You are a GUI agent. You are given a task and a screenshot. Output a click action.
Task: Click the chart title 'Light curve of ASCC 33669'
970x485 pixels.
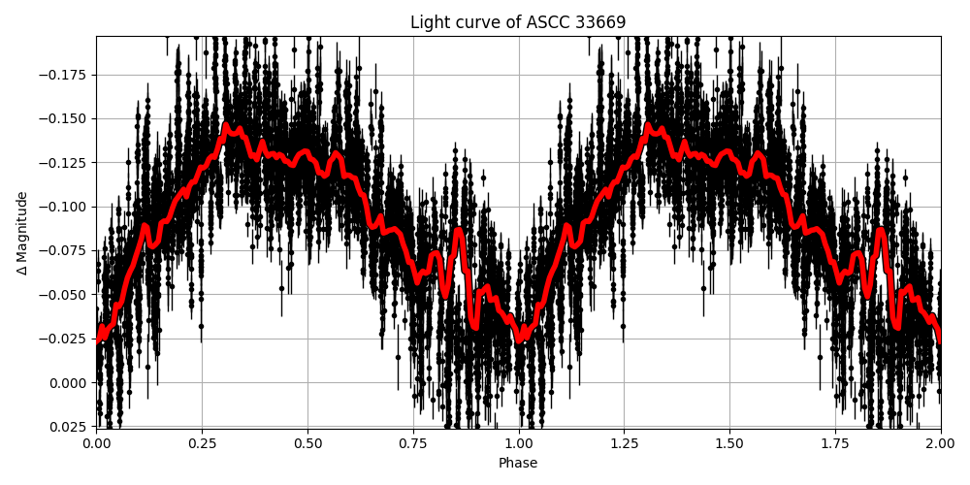point(518,22)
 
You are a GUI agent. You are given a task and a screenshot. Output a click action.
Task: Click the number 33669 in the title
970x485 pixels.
point(600,22)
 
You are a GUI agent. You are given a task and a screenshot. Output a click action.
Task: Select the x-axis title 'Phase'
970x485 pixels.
point(518,464)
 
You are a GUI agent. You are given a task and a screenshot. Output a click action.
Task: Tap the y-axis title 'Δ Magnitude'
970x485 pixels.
point(21,233)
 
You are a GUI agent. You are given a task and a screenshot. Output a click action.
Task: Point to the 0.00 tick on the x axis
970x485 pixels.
point(96,441)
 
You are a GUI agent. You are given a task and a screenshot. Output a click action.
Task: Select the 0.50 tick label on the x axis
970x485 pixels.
point(307,441)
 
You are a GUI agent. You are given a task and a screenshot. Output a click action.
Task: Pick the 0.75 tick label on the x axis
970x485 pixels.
point(413,441)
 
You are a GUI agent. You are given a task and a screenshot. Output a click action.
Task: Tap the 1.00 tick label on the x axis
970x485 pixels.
point(519,441)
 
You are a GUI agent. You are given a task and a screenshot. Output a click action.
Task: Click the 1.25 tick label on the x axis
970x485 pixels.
point(624,441)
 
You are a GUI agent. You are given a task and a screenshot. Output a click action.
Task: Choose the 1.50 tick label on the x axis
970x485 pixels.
point(729,441)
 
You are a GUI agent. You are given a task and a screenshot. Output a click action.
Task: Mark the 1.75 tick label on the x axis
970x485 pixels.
point(835,441)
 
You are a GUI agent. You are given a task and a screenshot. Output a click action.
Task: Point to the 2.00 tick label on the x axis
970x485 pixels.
point(940,441)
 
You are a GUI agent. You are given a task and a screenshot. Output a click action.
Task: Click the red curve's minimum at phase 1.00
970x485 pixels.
point(519,338)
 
